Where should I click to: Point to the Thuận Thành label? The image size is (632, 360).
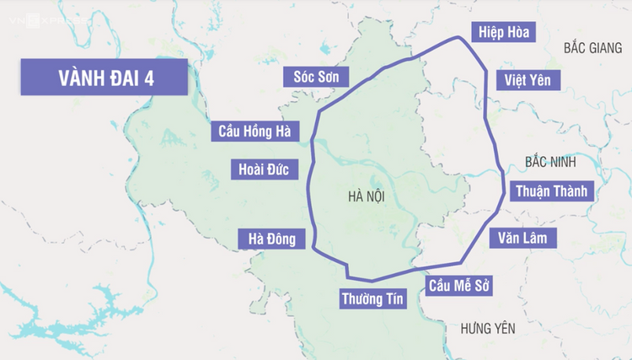pyautogui.click(x=552, y=191)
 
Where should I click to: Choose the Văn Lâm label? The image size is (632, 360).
pyautogui.click(x=522, y=238)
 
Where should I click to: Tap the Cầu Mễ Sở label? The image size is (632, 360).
pyautogui.click(x=458, y=287)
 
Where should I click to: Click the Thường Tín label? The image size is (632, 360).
pyautogui.click(x=372, y=298)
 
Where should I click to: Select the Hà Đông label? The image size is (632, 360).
pyautogui.click(x=271, y=239)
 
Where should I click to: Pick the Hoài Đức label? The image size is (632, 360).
pyautogui.click(x=264, y=169)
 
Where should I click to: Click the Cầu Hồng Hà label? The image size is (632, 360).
pyautogui.click(x=254, y=131)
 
